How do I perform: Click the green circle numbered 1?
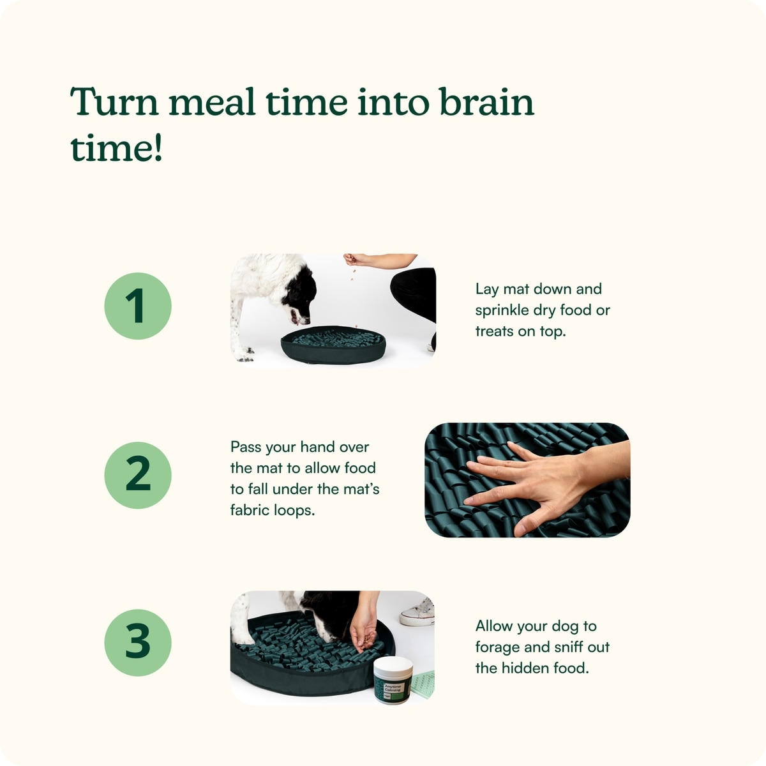pyautogui.click(x=137, y=306)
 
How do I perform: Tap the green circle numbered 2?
pyautogui.click(x=137, y=475)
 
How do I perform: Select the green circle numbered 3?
pyautogui.click(x=137, y=643)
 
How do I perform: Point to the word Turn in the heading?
pyautogui.click(x=115, y=101)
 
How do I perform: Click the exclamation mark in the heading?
pyautogui.click(x=158, y=147)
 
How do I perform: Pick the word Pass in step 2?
pyautogui.click(x=245, y=447)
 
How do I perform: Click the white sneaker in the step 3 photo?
pyautogui.click(x=417, y=613)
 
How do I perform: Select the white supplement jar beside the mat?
pyautogui.click(x=393, y=680)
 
